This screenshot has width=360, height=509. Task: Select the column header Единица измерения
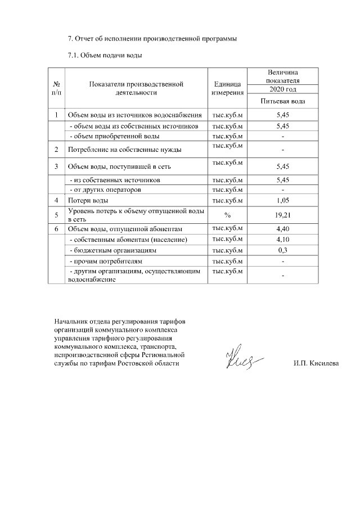pyautogui.click(x=227, y=88)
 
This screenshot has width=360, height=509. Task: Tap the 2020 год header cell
pyautogui.click(x=282, y=89)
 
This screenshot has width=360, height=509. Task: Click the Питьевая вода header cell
pyautogui.click(x=282, y=101)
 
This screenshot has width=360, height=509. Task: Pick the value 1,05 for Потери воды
pyautogui.click(x=282, y=200)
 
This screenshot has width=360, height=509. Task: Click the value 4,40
pyautogui.click(x=282, y=229)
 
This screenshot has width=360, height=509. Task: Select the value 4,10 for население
pyautogui.click(x=282, y=240)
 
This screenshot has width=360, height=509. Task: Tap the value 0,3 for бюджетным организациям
pyautogui.click(x=282, y=250)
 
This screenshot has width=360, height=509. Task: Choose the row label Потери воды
pyautogui.click(x=84, y=200)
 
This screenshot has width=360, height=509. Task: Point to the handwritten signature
pyautogui.click(x=242, y=358)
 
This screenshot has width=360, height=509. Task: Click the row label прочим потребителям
pyautogui.click(x=105, y=262)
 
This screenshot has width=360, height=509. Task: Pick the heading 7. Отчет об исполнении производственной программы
pyautogui.click(x=152, y=39)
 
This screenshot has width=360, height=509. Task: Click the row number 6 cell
pyautogui.click(x=56, y=229)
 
